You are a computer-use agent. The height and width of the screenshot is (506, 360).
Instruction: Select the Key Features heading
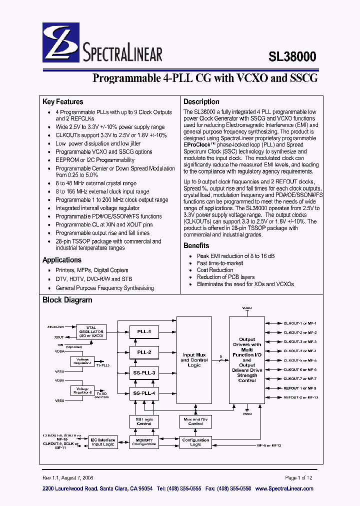click(63, 101)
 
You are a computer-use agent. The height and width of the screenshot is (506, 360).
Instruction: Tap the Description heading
click(201, 101)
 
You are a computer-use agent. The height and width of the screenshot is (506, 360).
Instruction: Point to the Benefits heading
click(196, 245)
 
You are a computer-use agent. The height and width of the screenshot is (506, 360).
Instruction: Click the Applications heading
click(62, 260)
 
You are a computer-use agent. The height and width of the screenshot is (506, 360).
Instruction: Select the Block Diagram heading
click(67, 300)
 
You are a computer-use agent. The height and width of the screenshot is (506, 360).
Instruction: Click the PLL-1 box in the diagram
click(144, 331)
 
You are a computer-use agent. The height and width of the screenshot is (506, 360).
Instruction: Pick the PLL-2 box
click(144, 352)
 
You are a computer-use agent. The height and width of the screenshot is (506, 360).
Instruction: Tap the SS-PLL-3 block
click(144, 372)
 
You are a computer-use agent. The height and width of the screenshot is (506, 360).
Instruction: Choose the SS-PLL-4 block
click(144, 393)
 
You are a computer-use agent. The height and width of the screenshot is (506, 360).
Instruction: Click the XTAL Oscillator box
click(90, 331)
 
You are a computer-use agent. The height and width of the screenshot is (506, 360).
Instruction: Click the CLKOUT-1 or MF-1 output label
click(300, 323)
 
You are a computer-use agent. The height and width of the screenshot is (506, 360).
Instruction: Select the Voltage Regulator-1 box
click(82, 361)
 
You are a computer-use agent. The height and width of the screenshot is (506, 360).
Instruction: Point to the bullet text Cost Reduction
click(215, 270)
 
